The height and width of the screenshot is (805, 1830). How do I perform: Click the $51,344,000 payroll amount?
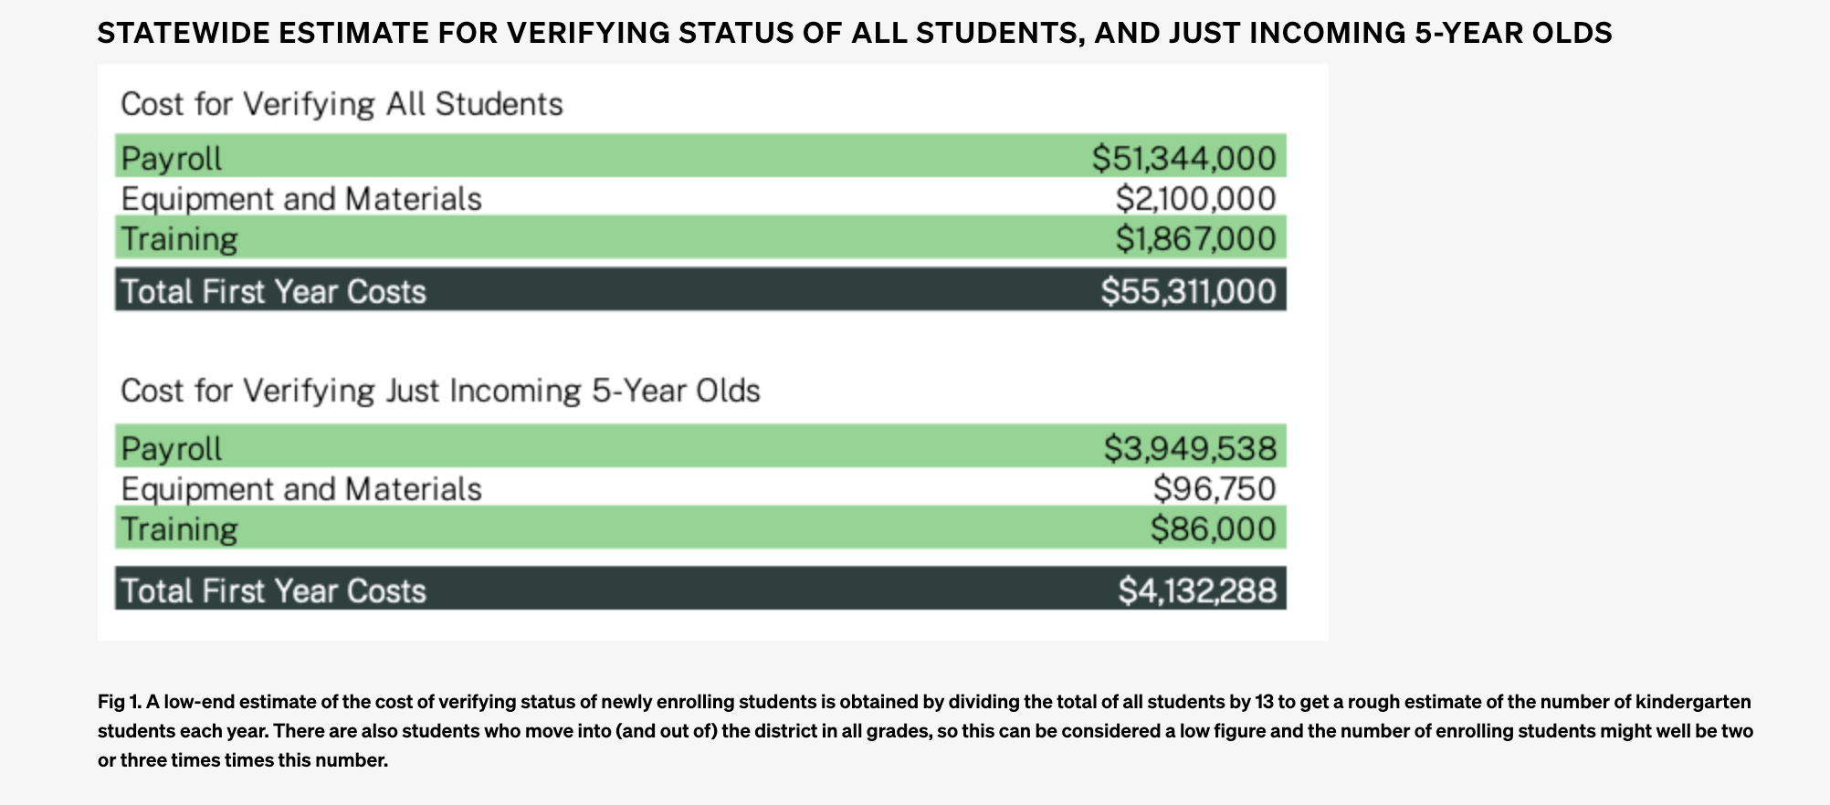tap(1183, 158)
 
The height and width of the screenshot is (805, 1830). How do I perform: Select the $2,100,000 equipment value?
tap(1195, 198)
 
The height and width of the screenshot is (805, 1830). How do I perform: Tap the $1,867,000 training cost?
tap(1195, 238)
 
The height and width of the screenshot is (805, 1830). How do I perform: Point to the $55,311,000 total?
tap(1188, 291)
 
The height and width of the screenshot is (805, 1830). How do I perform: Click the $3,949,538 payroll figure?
tap(1190, 448)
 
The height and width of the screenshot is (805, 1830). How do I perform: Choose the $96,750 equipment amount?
tap(1214, 488)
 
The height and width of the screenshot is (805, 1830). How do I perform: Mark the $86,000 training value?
tap(1213, 528)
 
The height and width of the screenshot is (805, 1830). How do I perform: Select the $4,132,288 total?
tap(1197, 591)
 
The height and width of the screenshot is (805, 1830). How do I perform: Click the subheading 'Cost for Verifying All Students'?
tap(342, 104)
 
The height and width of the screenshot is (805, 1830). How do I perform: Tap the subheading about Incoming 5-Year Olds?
tap(440, 391)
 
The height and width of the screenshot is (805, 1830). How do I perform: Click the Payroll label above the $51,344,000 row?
tap(172, 158)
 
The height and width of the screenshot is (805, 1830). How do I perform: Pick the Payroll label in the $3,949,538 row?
tap(172, 448)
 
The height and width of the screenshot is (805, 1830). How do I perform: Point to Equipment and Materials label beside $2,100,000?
tap(301, 198)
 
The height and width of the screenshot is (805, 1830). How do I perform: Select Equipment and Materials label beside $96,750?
tap(301, 488)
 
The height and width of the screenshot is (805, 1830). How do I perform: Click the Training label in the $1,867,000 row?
tap(179, 238)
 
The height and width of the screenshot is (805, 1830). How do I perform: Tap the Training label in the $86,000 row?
tap(179, 528)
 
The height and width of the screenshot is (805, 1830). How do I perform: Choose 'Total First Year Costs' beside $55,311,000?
tap(274, 291)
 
